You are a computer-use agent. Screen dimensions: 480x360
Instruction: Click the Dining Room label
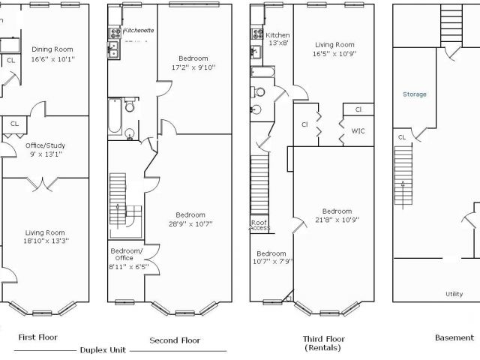point(52,49)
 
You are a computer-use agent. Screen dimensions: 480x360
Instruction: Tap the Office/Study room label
point(45,145)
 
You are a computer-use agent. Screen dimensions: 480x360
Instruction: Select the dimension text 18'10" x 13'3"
point(46,241)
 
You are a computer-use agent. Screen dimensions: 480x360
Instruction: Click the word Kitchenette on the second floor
point(138,30)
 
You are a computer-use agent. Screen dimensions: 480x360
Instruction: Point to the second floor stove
point(115,33)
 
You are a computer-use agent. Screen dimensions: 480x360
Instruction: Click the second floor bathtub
point(115,115)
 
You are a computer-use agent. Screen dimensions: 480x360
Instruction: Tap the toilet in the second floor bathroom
point(130,105)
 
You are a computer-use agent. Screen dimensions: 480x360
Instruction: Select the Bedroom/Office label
point(126,254)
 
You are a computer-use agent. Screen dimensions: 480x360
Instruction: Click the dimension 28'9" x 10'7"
point(190,224)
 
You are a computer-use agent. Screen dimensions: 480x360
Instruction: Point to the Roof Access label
point(260,225)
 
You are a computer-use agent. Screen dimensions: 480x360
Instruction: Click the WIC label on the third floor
point(358,131)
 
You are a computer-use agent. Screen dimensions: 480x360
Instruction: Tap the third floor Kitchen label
point(277,35)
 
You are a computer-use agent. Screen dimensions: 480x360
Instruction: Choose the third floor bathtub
point(262,72)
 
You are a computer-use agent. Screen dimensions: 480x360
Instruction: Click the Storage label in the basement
point(415,94)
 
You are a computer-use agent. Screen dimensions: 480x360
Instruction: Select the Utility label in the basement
point(454,294)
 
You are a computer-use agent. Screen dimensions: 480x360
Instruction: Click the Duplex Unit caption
point(103,350)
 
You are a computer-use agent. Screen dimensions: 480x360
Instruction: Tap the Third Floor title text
point(324,339)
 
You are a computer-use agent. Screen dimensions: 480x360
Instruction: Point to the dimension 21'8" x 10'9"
point(337,220)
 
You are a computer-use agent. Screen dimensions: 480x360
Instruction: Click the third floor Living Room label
point(334,45)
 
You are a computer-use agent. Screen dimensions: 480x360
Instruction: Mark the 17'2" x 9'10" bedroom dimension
point(193,67)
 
